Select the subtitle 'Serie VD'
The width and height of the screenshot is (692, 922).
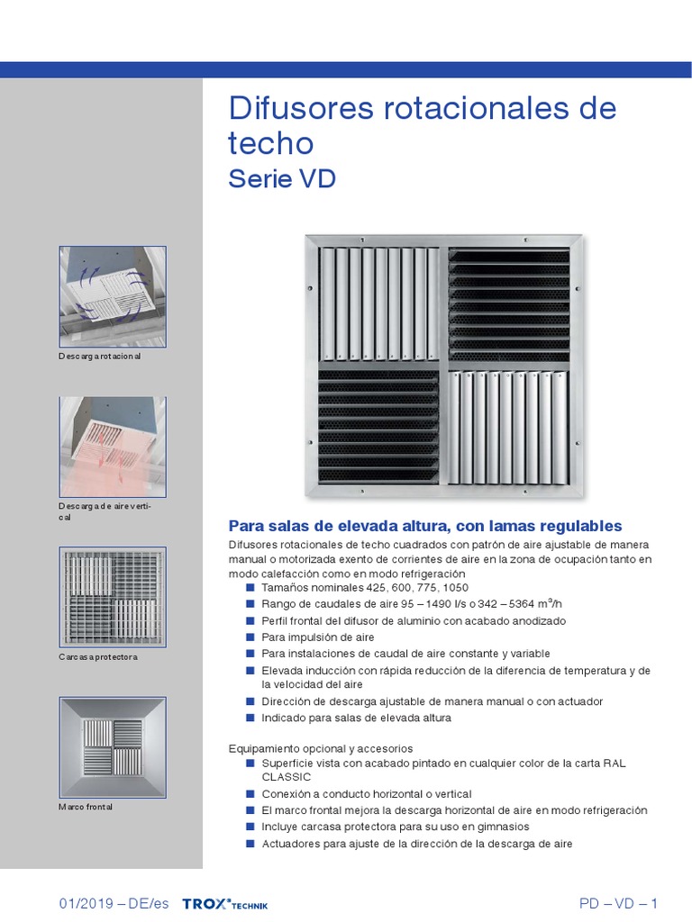pos(282,178)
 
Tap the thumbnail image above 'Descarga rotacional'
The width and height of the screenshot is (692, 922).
pos(113,296)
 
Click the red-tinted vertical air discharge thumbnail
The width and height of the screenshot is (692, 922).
pos(113,447)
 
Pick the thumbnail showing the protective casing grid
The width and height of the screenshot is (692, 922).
pos(113,597)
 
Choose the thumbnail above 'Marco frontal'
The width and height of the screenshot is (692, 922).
pos(113,746)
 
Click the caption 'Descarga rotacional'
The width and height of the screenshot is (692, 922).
pos(100,357)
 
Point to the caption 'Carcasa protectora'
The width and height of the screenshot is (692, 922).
pos(98,657)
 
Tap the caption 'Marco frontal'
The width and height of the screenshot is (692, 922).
pos(86,807)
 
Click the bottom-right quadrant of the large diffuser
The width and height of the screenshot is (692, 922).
pos(510,429)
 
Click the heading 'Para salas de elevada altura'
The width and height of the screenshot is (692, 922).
pos(425,526)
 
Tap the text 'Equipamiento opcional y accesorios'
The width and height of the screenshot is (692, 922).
pos(321,748)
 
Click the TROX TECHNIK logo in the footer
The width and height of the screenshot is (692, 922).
pos(224,904)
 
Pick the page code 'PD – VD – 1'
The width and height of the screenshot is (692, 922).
pos(618,904)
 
